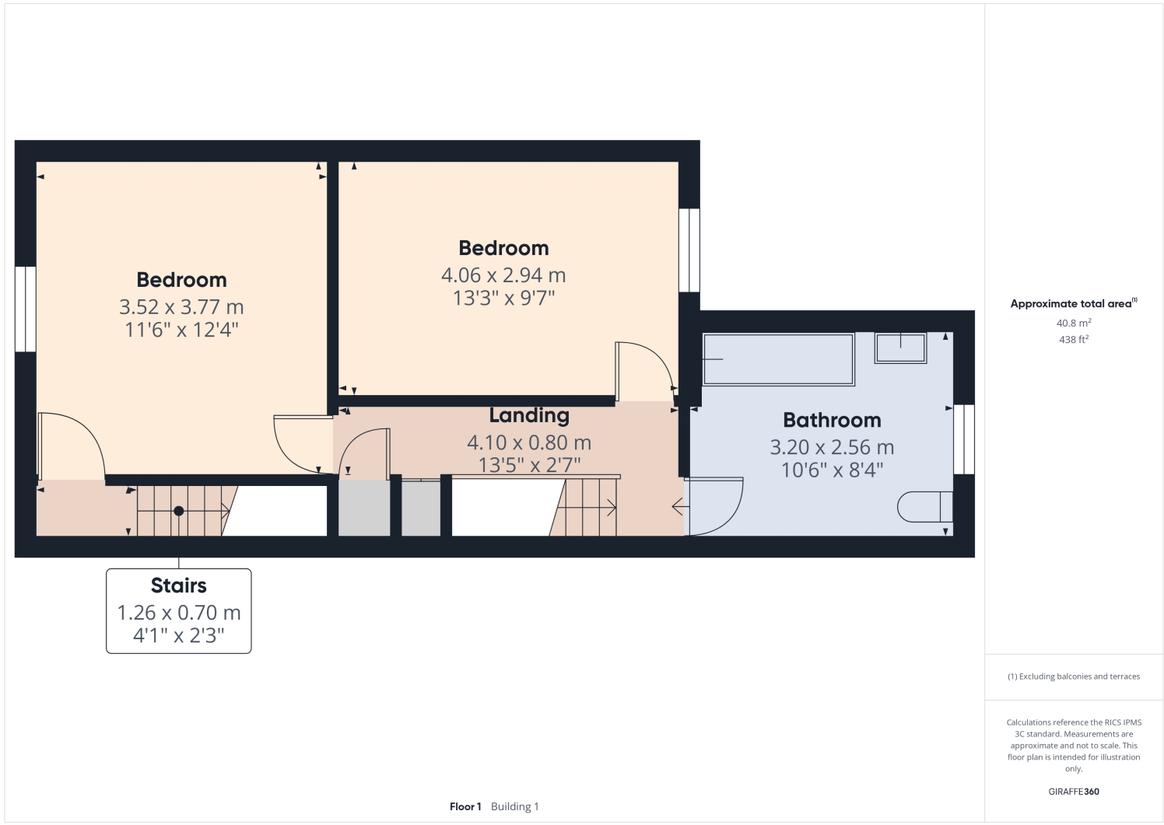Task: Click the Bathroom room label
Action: [832, 421]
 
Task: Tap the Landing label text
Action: [529, 416]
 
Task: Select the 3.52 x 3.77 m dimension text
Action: [181, 307]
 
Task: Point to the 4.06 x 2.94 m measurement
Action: [503, 275]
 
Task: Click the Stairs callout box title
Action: [179, 586]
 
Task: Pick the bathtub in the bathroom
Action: [778, 359]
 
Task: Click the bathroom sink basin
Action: [900, 348]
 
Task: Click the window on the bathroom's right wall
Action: [963, 439]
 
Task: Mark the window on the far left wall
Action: [26, 309]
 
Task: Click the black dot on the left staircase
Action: [179, 511]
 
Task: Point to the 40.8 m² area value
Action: [1073, 323]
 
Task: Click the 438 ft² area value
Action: [1073, 340]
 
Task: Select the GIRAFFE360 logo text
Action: [1074, 792]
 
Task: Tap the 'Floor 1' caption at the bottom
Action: [465, 806]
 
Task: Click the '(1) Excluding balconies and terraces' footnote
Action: [1074, 676]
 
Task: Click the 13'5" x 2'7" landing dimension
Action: [529, 465]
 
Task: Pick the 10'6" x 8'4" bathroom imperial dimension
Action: [832, 470]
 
